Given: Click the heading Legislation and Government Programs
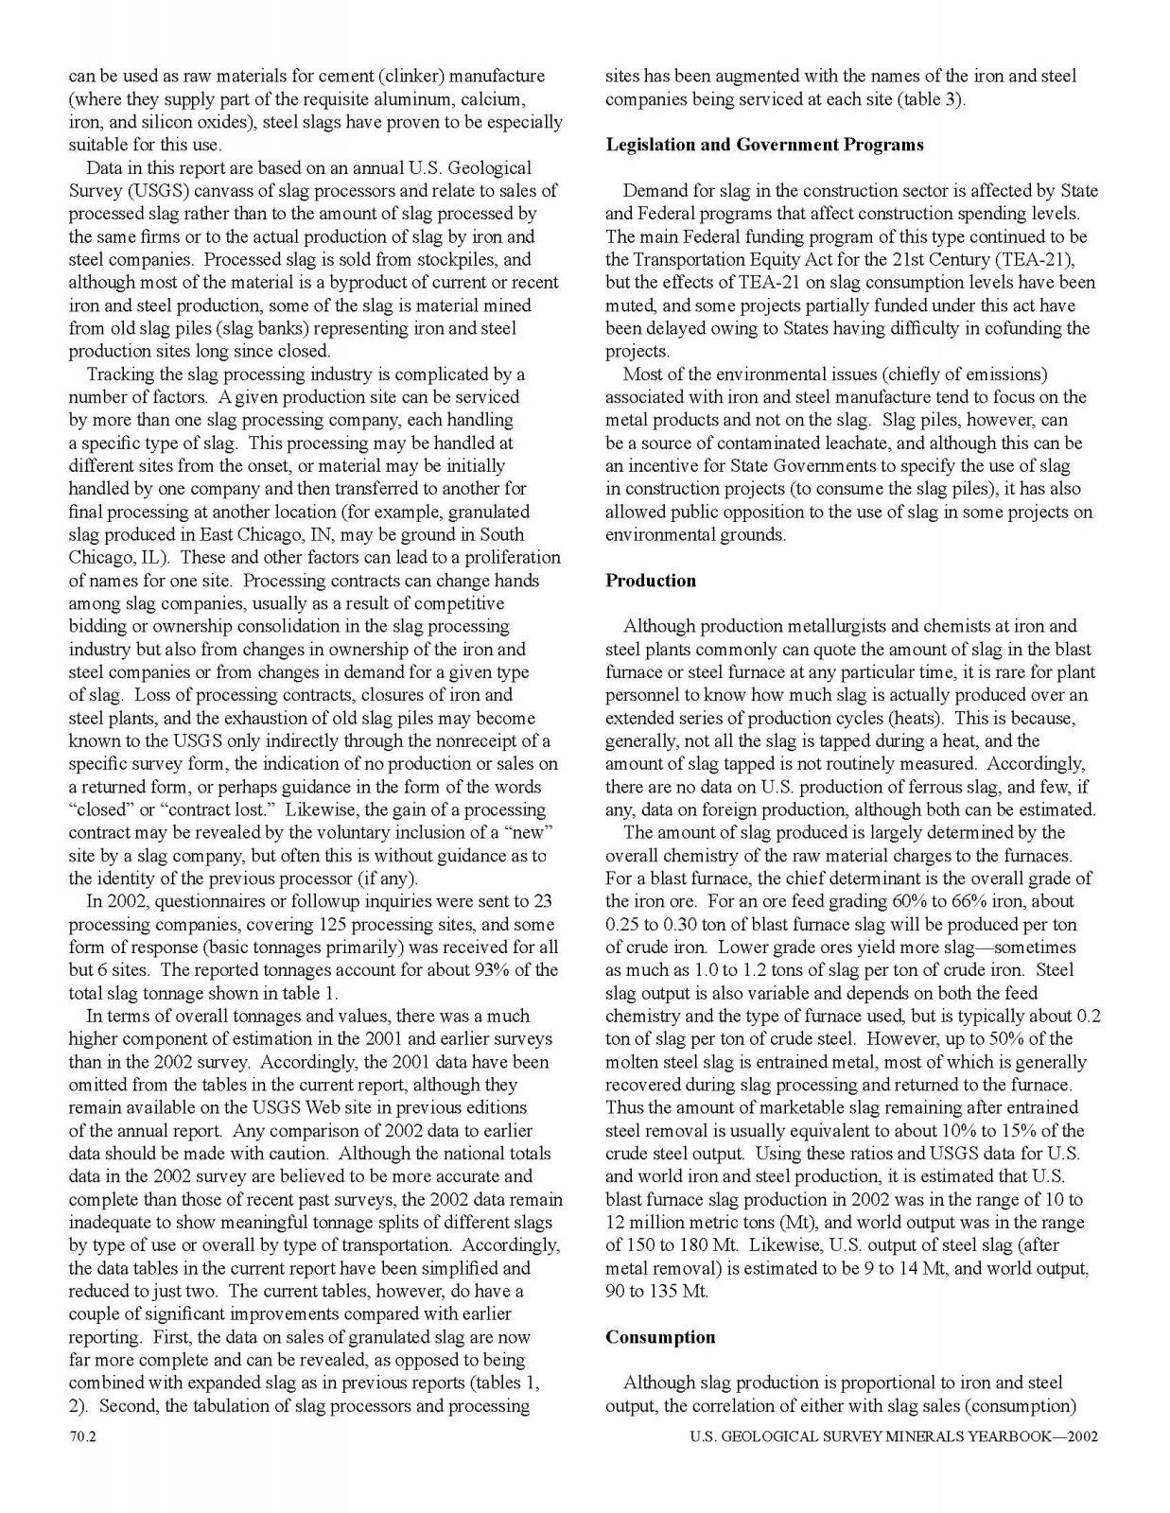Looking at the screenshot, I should pos(764,145).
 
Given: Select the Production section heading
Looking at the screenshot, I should pos(651,581).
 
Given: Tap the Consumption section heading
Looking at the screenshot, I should pos(660,1337).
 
